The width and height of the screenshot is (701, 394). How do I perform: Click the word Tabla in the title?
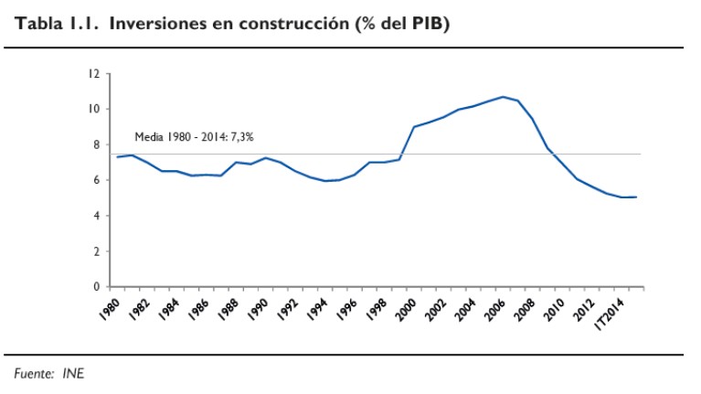pyautogui.click(x=40, y=24)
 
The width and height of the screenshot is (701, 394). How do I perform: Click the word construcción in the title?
pyautogui.click(x=296, y=24)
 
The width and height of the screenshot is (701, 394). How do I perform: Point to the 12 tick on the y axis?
pyautogui.click(x=93, y=74)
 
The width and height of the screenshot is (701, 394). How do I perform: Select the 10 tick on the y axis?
pyautogui.click(x=93, y=110)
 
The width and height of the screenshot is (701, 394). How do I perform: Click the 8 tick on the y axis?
pyautogui.click(x=95, y=144)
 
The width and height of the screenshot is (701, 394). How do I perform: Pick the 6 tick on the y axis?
pyautogui.click(x=95, y=180)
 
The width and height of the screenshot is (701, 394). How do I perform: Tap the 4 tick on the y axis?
pyautogui.click(x=95, y=216)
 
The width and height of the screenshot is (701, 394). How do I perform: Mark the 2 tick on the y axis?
pyautogui.click(x=95, y=251)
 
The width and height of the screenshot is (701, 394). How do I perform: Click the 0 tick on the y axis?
pyautogui.click(x=95, y=287)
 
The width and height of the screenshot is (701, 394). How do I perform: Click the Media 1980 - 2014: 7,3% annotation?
pyautogui.click(x=194, y=137)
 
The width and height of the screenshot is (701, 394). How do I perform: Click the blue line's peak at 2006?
pyautogui.click(x=503, y=97)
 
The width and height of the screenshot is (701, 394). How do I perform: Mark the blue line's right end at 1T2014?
pyautogui.click(x=636, y=197)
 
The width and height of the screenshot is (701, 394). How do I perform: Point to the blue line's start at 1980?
pyautogui.click(x=117, y=157)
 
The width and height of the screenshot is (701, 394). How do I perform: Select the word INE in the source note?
pyautogui.click(x=74, y=372)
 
